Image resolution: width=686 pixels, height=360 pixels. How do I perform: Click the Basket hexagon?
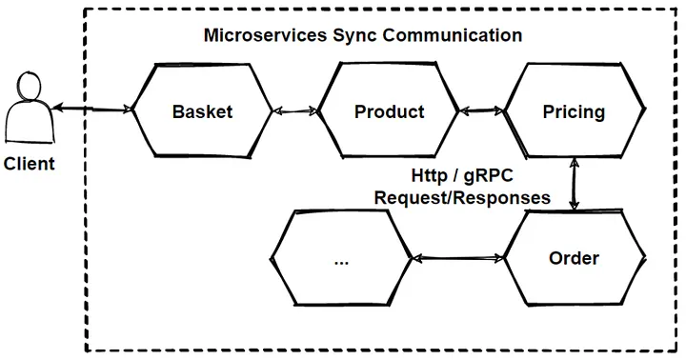click(202, 111)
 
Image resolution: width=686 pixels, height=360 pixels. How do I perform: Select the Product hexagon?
click(389, 111)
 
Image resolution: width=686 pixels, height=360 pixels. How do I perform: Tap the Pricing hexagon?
click(574, 111)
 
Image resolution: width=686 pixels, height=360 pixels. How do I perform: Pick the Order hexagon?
click(574, 258)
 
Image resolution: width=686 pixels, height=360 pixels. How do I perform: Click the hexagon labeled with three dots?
click(341, 258)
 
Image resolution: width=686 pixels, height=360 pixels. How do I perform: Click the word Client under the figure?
click(29, 164)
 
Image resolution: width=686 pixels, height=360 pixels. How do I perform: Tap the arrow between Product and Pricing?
click(482, 111)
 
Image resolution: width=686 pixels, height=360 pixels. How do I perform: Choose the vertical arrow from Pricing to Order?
click(574, 184)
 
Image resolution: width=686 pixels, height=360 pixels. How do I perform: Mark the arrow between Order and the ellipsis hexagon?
click(457, 258)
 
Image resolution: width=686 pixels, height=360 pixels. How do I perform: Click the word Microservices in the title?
click(258, 35)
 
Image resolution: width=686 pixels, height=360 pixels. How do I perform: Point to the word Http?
click(429, 177)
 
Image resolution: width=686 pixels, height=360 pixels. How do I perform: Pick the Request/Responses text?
click(462, 198)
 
